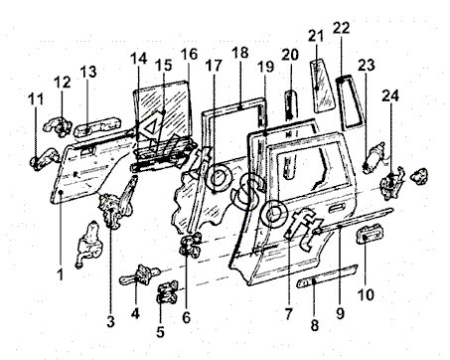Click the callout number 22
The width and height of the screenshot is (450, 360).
coord(341,28)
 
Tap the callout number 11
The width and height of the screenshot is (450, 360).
coord(36,98)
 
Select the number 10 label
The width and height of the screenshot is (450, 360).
coord(366,294)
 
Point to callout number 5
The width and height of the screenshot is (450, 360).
coord(160,332)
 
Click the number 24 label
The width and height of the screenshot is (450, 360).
coord(390,95)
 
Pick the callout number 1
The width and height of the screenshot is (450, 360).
coord(60,274)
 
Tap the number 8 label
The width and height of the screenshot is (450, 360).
coord(314,325)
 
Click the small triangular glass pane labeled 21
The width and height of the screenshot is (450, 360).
coord(321,86)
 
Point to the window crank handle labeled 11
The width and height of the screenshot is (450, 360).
coord(44,159)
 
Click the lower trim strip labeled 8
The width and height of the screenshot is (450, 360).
coord(327,275)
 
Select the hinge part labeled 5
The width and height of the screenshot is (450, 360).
coord(167,292)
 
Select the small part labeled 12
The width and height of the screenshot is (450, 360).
coord(59,127)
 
